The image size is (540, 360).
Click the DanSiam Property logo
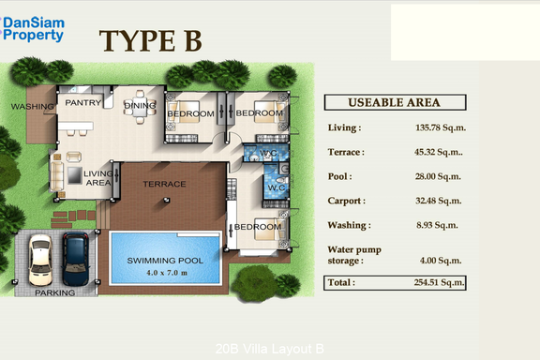point(33,29)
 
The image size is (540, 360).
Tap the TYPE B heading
point(151,40)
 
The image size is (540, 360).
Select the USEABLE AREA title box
point(395,102)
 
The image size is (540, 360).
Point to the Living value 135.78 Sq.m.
point(441,127)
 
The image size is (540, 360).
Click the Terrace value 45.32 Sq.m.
point(439,152)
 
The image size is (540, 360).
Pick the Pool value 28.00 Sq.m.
point(438,176)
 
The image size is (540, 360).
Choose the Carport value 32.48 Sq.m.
point(438,201)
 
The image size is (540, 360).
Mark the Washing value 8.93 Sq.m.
point(437,225)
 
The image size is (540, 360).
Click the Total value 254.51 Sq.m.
point(439,282)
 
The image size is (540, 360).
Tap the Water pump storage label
point(354,255)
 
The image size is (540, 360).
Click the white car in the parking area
point(40,260)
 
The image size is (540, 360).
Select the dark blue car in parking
point(76,259)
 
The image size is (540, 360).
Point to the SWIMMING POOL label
point(165,261)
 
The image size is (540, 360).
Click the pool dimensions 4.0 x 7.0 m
point(167,273)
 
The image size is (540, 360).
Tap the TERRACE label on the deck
point(164,184)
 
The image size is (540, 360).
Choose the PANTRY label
point(83,103)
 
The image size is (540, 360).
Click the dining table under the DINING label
point(140,107)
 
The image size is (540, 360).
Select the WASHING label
point(33,107)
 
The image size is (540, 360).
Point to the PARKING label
point(55,292)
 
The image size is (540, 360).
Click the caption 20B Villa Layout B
point(270,349)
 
